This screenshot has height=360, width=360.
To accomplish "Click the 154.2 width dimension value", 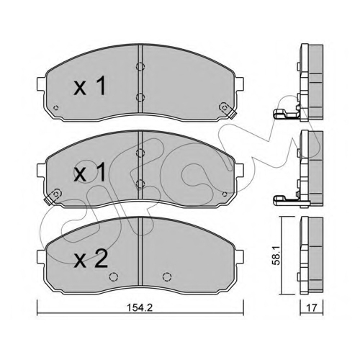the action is [x=140, y=307].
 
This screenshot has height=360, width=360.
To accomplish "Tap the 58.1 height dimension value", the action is [x=277, y=256].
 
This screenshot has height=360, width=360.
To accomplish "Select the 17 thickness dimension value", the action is [x=312, y=307].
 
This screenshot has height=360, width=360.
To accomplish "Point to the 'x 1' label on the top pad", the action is [x=89, y=86].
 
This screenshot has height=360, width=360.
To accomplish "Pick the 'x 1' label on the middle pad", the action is [x=89, y=172].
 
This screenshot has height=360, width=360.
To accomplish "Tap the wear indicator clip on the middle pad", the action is [x=53, y=197].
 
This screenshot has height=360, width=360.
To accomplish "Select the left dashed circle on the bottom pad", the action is [x=114, y=276].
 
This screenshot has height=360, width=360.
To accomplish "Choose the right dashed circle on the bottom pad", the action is [x=167, y=276].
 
